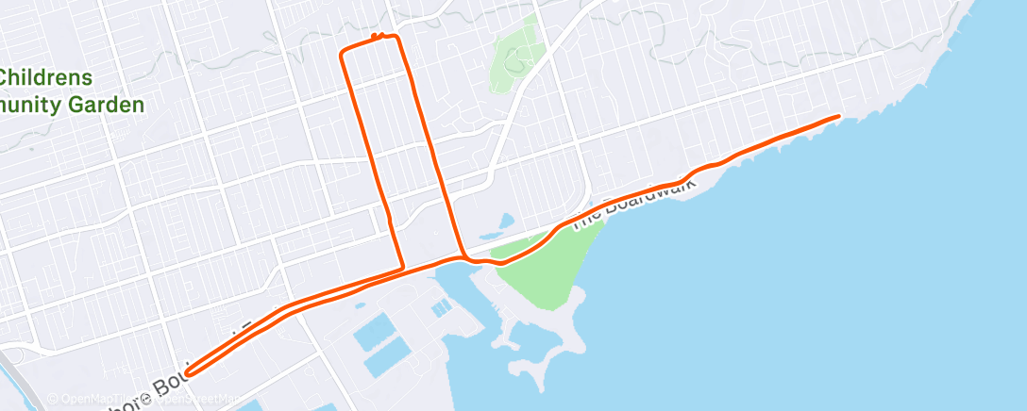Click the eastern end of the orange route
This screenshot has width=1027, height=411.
pyautogui.click(x=837, y=116)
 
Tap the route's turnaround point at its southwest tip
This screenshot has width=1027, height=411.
pyautogui.click(x=189, y=371)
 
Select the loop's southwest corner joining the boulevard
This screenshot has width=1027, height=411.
pyautogui.click(x=403, y=269)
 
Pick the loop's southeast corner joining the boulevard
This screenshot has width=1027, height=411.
pyautogui.click(x=463, y=255)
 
